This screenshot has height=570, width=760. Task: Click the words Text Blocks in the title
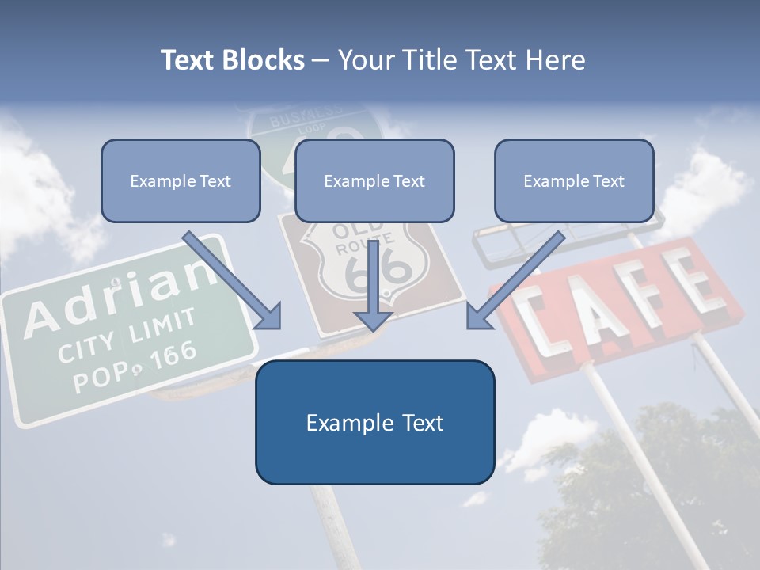tap(232, 60)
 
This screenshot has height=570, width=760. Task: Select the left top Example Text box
tap(180, 180)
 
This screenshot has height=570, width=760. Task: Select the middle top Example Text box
tap(374, 180)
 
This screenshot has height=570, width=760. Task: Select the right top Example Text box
tap(574, 180)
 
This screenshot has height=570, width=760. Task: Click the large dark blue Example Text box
tap(374, 422)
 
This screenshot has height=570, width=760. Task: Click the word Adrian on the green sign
tap(119, 298)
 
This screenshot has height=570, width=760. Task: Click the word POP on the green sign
tap(97, 379)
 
